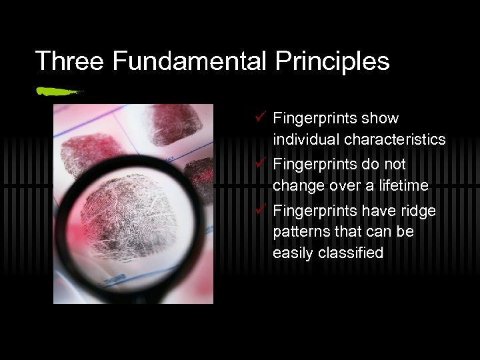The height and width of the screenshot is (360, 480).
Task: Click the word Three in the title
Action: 69,61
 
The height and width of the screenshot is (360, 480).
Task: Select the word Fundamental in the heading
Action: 189,61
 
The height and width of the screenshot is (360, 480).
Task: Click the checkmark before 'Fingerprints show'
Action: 261,118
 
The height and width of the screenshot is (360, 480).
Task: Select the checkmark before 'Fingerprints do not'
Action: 261,163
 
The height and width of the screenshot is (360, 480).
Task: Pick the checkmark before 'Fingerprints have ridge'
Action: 261,211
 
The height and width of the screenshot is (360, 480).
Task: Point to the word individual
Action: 305,140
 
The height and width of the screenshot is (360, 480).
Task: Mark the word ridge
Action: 419,211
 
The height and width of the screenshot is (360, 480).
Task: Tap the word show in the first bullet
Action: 380,119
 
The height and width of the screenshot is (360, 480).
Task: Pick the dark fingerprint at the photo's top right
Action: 176,125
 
